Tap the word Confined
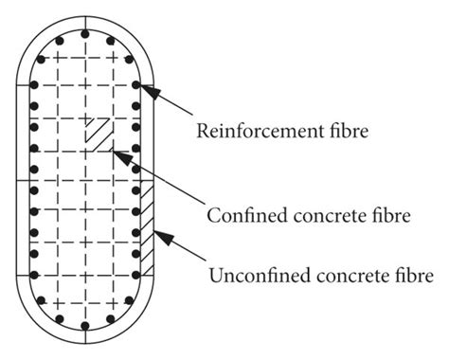(x=239, y=215)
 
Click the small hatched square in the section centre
(x=96, y=132)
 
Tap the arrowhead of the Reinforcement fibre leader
(x=145, y=88)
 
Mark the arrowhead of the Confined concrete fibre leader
(x=112, y=150)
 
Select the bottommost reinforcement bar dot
(x=86, y=328)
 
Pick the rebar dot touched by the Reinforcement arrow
(x=138, y=84)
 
